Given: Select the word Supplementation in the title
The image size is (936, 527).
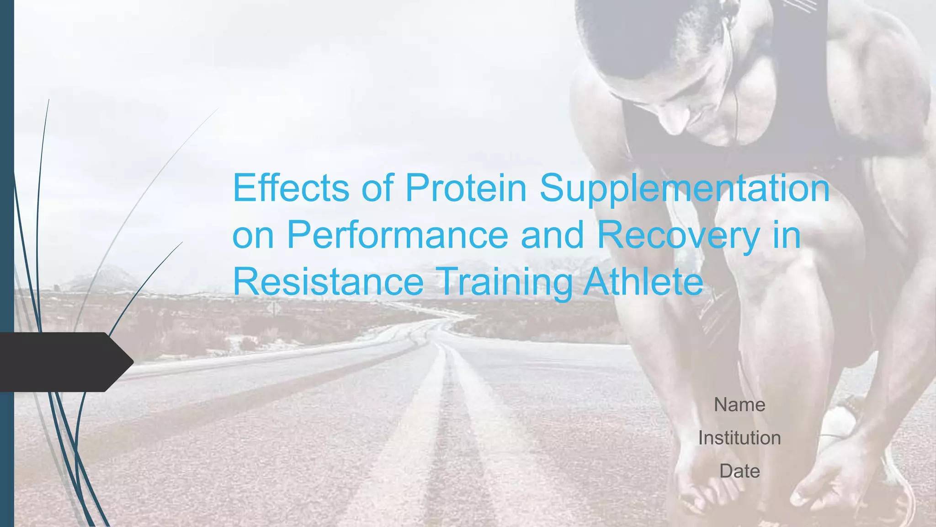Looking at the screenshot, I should pos(684,188).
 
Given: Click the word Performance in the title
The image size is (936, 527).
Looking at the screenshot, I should pos(397,235).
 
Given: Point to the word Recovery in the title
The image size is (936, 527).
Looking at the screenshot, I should pos(678,235).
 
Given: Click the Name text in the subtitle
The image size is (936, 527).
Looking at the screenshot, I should pos(739,405).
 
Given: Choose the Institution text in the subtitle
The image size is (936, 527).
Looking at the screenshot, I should pos(739,438).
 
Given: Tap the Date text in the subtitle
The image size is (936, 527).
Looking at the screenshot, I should pos(739,471).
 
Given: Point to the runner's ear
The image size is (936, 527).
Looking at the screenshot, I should pos(726,10).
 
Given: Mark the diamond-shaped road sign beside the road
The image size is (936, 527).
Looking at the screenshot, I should pos(273,307).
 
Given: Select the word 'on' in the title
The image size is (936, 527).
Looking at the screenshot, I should pos(253,235).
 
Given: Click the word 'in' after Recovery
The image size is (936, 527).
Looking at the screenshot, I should pos(787,235).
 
